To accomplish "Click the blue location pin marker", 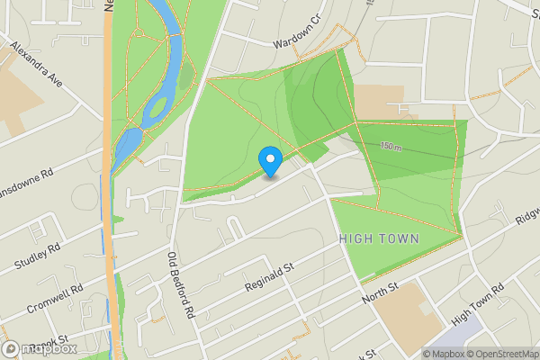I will tap(270, 161).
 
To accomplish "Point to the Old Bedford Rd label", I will tap(181, 286).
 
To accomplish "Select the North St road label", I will tap(379, 292).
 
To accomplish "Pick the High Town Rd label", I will tap(478, 301).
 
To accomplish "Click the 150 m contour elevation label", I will tap(391, 146).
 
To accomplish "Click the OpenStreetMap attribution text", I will tap(502, 354).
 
